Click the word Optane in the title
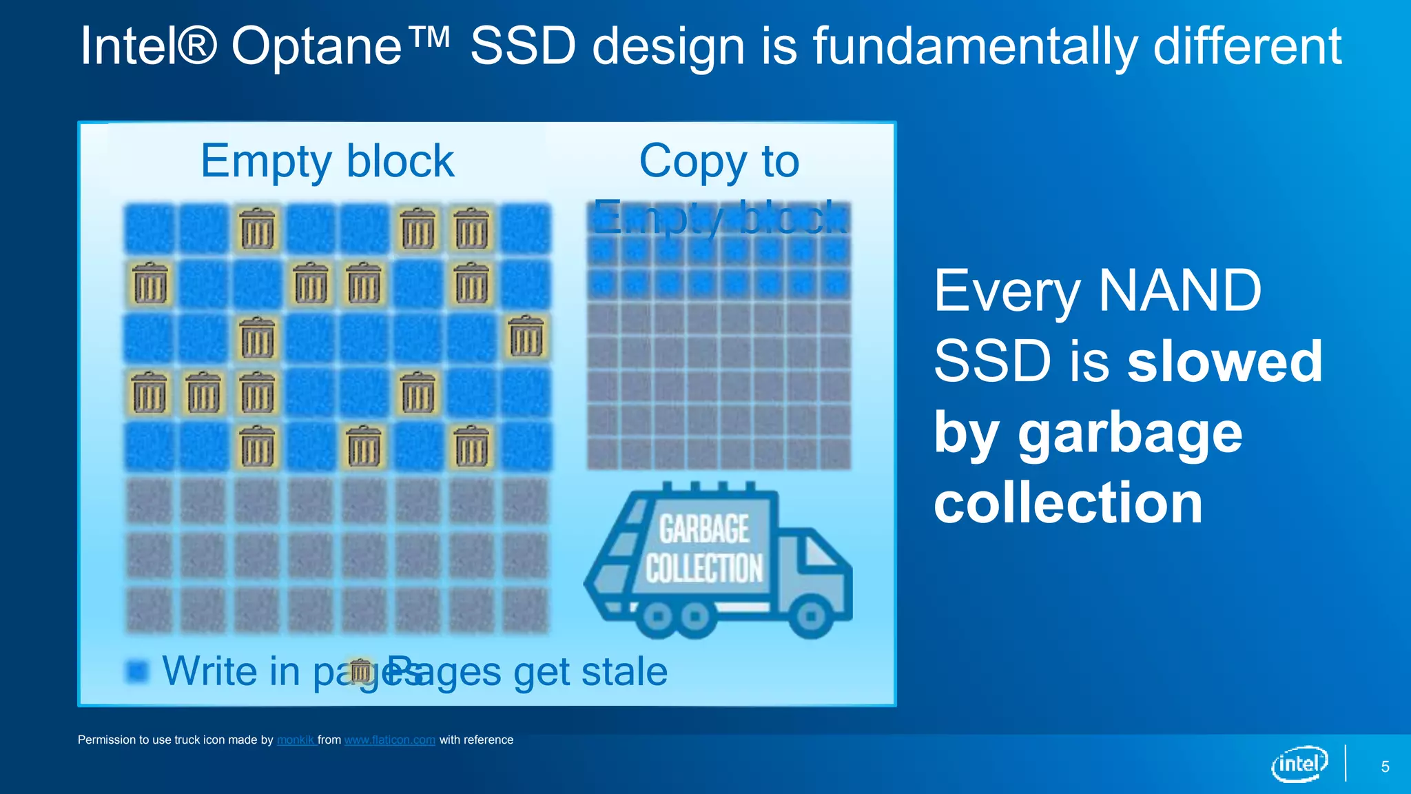click(316, 47)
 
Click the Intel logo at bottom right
click(1299, 764)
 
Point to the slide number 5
click(1385, 766)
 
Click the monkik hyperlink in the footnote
click(295, 740)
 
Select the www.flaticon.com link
click(390, 740)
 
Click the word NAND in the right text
click(1180, 291)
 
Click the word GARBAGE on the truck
click(704, 529)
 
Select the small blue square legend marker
click(137, 671)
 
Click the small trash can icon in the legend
click(360, 671)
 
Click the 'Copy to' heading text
click(719, 161)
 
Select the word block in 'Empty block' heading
click(400, 161)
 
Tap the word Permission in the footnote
click(107, 740)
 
